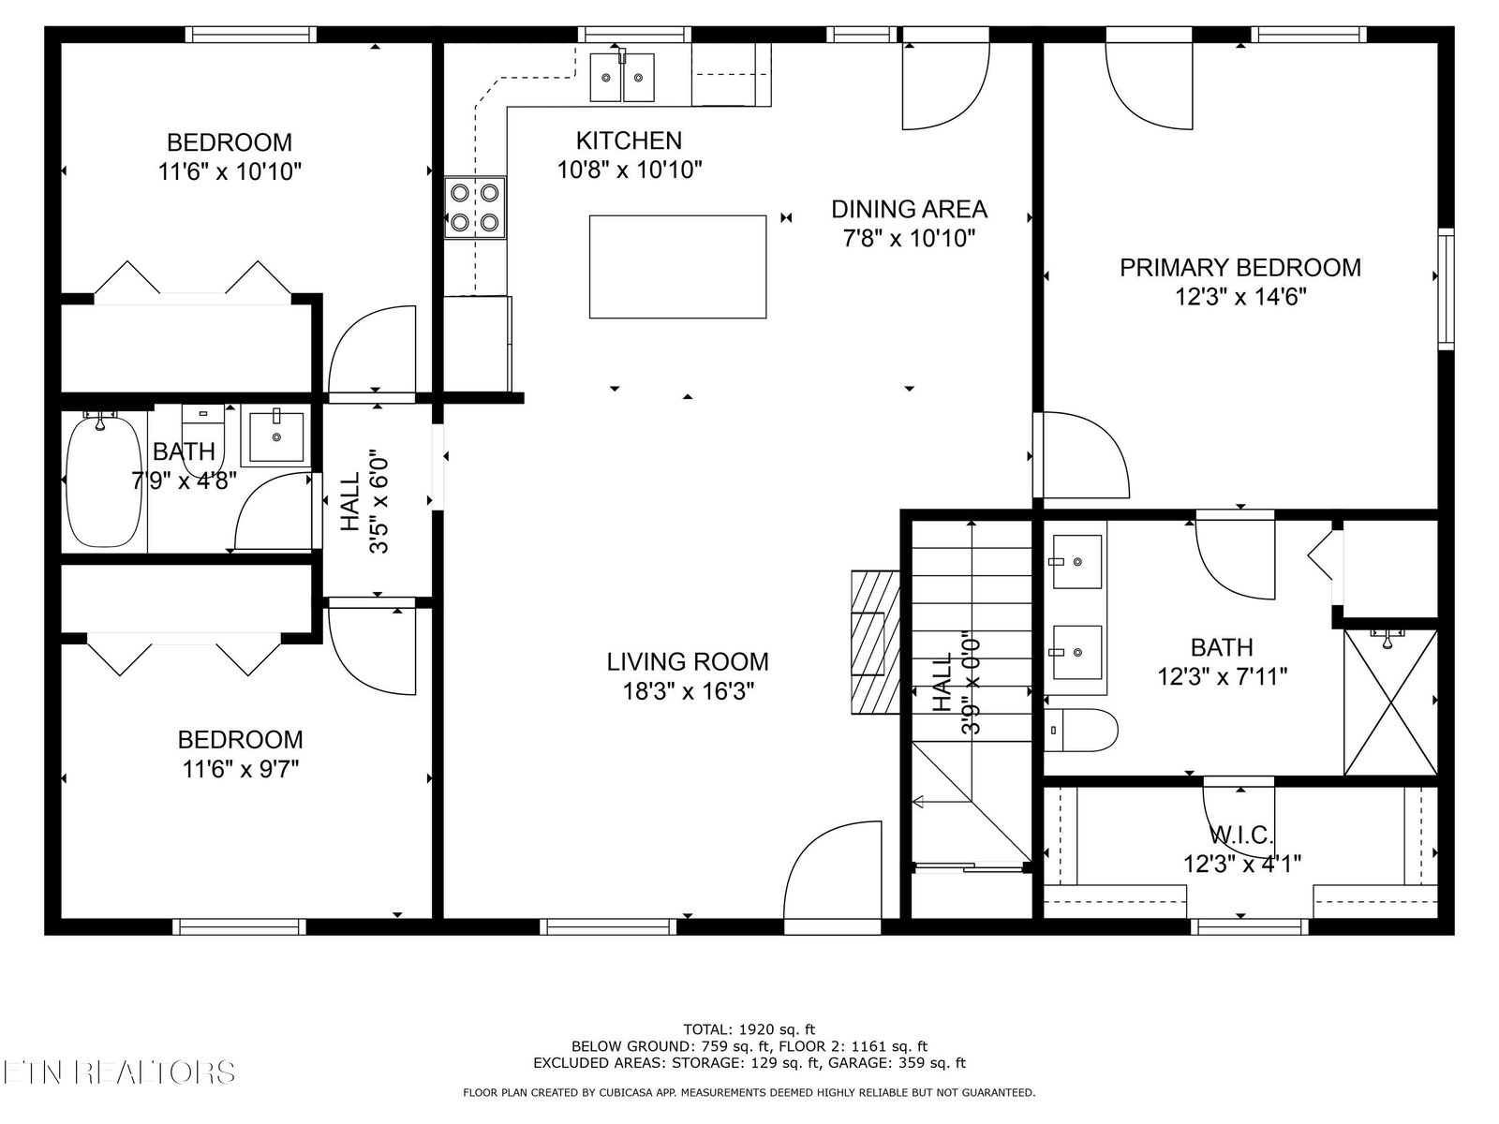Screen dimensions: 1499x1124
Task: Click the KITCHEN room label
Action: click(629, 140)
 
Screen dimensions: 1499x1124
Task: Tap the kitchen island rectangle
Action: click(677, 267)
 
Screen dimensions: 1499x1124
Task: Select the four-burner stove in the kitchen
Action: click(475, 207)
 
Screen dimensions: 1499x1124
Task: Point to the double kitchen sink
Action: click(621, 77)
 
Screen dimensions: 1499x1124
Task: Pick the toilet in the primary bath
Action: click(1079, 730)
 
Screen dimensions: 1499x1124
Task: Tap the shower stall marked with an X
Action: click(1390, 702)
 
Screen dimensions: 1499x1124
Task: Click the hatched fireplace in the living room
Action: click(875, 643)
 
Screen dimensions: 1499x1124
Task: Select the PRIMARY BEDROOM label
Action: click(1240, 268)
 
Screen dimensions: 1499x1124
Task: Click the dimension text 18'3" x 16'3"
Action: click(688, 692)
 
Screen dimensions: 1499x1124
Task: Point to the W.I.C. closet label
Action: click(1241, 834)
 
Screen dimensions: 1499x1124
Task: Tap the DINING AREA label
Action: click(909, 209)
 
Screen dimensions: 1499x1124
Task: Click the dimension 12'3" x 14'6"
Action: click(1240, 297)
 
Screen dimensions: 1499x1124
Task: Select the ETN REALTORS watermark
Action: click(117, 1072)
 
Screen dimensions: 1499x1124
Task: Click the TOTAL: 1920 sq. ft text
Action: click(749, 1029)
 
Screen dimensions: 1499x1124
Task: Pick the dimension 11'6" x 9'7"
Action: click(241, 769)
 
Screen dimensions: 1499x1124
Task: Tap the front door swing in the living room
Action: click(833, 877)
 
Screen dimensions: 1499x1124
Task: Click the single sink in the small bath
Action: click(276, 436)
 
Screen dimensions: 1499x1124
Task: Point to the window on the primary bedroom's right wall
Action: click(1446, 289)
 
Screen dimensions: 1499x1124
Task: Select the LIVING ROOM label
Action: click(688, 662)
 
